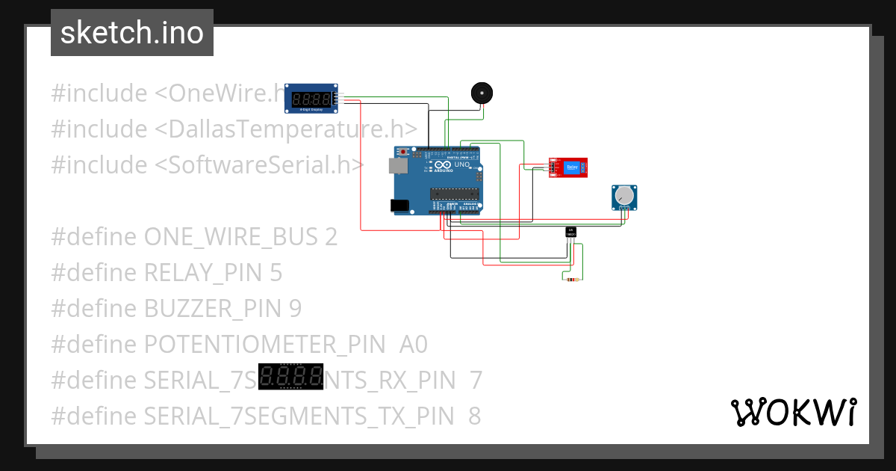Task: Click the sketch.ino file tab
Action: click(131, 33)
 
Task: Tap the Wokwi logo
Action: click(793, 412)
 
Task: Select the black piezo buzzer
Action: click(482, 93)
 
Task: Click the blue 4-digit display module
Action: click(312, 99)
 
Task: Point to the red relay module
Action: click(567, 168)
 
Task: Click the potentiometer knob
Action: click(625, 197)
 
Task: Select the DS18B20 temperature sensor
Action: click(570, 233)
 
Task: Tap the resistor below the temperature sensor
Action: click(572, 280)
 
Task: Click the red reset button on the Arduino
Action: click(404, 153)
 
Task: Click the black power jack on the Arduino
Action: click(399, 205)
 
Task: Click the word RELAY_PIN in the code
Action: click(202, 273)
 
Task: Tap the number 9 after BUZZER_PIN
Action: click(294, 309)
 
